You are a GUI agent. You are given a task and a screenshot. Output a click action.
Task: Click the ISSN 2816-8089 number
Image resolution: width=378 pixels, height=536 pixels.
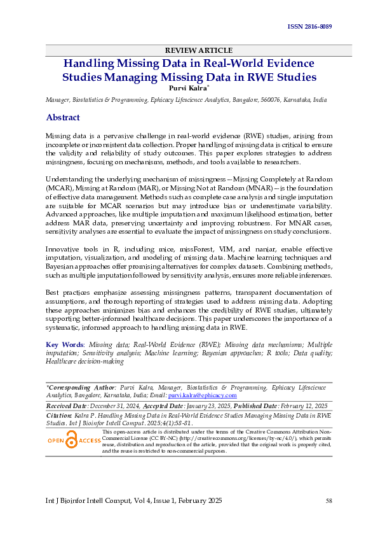[x=309, y=27]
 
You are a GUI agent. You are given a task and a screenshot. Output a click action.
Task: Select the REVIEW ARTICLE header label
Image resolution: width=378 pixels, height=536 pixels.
[x=198, y=50]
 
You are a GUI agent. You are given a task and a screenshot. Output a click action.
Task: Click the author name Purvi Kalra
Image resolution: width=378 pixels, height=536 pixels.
[x=186, y=88]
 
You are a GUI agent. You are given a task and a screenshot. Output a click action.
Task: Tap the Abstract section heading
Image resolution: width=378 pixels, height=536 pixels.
[x=63, y=118]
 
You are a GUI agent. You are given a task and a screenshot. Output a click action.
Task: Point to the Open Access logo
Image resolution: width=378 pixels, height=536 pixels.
[x=74, y=441]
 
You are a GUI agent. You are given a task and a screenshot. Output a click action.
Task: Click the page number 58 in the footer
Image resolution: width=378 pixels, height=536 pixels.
[x=328, y=502]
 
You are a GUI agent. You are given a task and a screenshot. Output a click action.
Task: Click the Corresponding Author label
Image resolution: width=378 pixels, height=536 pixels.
[x=81, y=386]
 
